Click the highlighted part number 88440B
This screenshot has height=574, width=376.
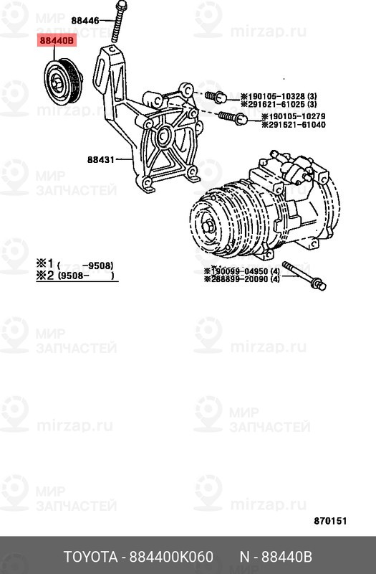57,42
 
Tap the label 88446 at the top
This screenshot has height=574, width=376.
85,20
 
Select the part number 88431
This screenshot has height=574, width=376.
102,159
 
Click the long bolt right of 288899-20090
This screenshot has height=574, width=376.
305,278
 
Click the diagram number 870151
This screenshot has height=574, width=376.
331,520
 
